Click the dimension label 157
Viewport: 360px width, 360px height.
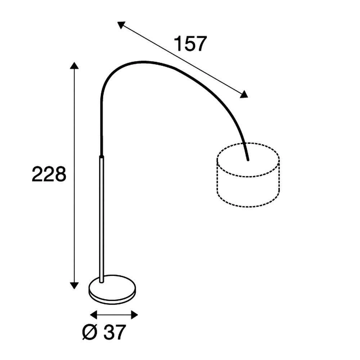click(x=190, y=44)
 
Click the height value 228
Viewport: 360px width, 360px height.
click(x=49, y=174)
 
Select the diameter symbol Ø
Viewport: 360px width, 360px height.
click(x=90, y=332)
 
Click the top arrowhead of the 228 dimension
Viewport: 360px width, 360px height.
click(x=74, y=65)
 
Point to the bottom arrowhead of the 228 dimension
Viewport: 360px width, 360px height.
click(x=74, y=285)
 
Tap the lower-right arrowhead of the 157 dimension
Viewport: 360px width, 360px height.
click(x=244, y=94)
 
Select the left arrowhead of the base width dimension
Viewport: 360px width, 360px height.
click(x=94, y=315)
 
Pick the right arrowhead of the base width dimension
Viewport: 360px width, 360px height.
click(x=134, y=315)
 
